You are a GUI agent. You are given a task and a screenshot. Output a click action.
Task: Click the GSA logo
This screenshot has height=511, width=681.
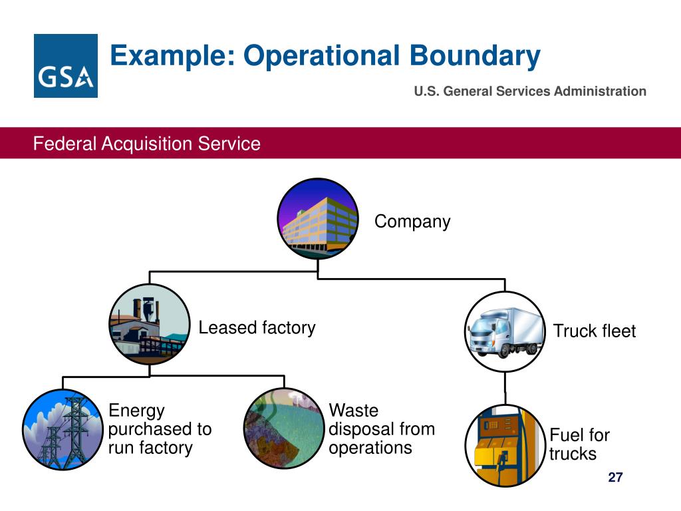(65, 66)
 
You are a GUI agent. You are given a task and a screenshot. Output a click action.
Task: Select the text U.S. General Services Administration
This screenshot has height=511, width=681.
(529, 92)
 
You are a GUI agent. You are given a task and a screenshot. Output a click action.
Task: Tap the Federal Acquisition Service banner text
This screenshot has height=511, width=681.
(147, 144)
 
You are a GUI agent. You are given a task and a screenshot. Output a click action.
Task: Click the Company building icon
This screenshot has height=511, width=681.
(318, 218)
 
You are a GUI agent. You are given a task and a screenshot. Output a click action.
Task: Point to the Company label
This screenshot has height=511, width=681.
(412, 222)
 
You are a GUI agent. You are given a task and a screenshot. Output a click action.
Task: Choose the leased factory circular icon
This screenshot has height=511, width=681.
(150, 325)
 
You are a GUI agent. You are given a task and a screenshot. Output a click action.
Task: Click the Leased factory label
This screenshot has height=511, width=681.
(257, 327)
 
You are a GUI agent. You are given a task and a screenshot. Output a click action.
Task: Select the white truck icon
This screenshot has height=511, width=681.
(505, 331)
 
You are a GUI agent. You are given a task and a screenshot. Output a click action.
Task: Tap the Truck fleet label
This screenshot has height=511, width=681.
(595, 331)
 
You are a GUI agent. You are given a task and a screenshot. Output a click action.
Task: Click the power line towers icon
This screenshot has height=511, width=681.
(63, 430)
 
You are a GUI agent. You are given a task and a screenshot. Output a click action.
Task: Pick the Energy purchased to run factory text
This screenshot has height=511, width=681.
(160, 429)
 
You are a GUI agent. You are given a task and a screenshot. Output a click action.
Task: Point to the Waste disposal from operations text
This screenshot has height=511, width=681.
(382, 429)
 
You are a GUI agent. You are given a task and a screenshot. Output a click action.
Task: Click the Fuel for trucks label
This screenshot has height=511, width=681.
(579, 444)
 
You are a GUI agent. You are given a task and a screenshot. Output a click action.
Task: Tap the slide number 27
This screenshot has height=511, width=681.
(615, 478)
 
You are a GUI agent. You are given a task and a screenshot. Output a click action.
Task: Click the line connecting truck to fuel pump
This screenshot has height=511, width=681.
(505, 389)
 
